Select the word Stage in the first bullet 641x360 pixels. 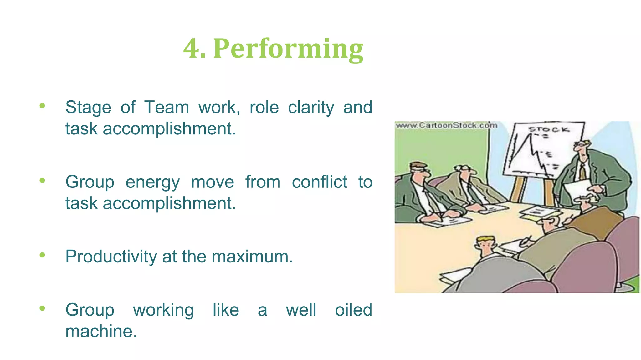click(88, 107)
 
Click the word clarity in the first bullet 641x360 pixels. click(311, 107)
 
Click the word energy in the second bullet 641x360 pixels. click(152, 182)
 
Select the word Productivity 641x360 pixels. click(111, 257)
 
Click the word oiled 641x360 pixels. click(353, 310)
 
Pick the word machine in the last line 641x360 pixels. click(101, 331)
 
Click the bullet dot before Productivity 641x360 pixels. click(42, 255)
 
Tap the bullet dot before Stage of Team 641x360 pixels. click(42, 106)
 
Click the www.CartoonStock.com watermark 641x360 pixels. click(446, 125)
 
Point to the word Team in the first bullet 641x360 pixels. click(167, 107)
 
